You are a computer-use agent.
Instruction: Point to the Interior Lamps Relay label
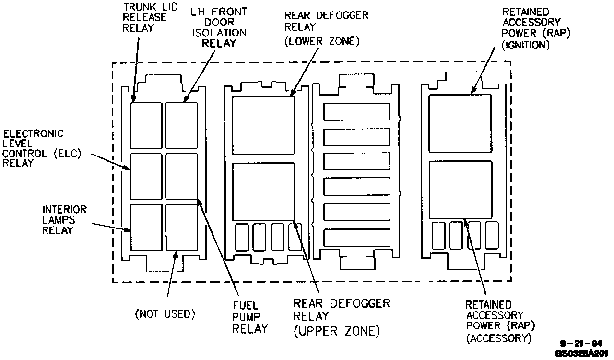click(x=65, y=219)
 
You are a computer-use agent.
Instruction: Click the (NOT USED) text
click(x=165, y=314)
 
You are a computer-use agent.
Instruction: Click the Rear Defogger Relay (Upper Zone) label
click(x=342, y=317)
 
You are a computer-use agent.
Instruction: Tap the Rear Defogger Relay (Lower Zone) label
click(x=326, y=28)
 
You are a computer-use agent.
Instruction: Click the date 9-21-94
click(x=581, y=344)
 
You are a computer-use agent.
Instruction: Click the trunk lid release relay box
click(x=146, y=126)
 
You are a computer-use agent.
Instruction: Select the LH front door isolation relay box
click(x=182, y=126)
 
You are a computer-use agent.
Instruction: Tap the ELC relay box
click(x=146, y=176)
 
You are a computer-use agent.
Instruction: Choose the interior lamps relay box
click(x=146, y=227)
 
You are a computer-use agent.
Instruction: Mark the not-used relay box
click(x=182, y=227)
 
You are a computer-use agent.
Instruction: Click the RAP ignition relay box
click(x=460, y=123)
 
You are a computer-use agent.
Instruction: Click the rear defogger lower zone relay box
click(x=263, y=126)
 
